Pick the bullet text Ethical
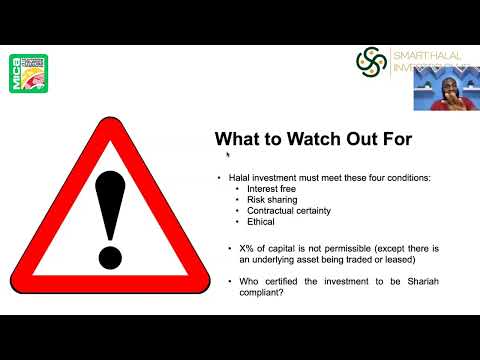[x=262, y=222]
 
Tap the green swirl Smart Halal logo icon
[x=371, y=62]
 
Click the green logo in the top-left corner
[x=28, y=73]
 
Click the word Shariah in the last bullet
[x=409, y=283]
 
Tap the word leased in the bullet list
[x=427, y=258]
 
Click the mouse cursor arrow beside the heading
[x=228, y=154]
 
